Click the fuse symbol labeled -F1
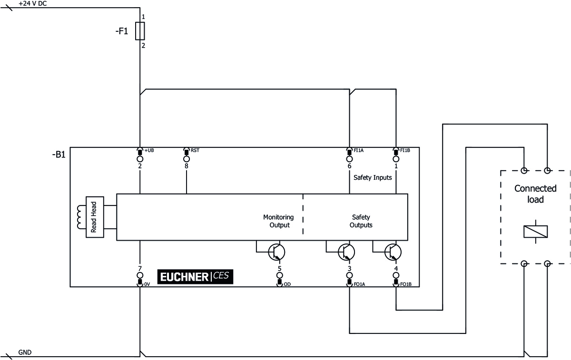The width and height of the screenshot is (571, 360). pyautogui.click(x=140, y=31)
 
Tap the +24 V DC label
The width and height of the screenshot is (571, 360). pyautogui.click(x=32, y=3)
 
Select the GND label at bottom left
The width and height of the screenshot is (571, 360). pyautogui.click(x=25, y=352)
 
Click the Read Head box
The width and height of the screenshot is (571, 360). pyautogui.click(x=94, y=217)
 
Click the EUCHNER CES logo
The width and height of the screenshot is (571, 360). pyautogui.click(x=196, y=277)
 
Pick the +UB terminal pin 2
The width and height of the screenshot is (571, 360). pyautogui.click(x=140, y=159)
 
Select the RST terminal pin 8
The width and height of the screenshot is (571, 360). pyautogui.click(x=187, y=159)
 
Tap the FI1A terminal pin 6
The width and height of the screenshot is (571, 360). pyautogui.click(x=349, y=159)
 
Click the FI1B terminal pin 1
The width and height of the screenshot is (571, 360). pyautogui.click(x=396, y=159)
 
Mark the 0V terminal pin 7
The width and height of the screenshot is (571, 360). pyautogui.click(x=140, y=276)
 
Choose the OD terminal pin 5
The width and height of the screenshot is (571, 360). pyautogui.click(x=279, y=276)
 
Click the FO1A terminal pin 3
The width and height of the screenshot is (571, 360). pyautogui.click(x=349, y=276)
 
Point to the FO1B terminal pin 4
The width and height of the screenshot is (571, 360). pyautogui.click(x=396, y=276)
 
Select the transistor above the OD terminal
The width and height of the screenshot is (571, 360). pyautogui.click(x=276, y=252)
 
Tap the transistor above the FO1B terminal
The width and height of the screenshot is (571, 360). pyautogui.click(x=393, y=252)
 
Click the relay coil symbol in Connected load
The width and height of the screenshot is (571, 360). pyautogui.click(x=535, y=231)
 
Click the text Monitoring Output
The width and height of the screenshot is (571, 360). pyautogui.click(x=279, y=221)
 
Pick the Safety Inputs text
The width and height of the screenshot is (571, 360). pyautogui.click(x=373, y=177)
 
